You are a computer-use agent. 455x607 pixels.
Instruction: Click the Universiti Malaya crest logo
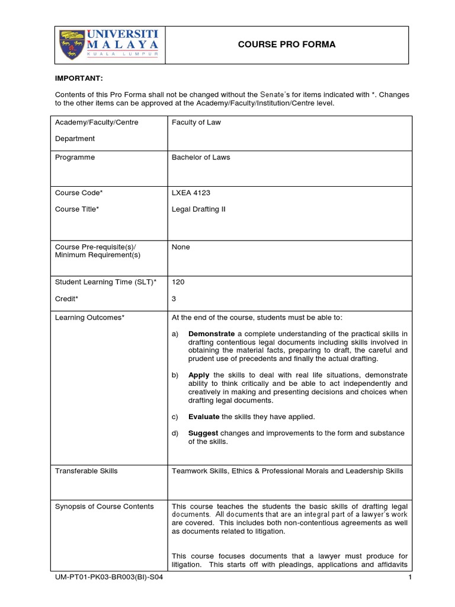point(72,45)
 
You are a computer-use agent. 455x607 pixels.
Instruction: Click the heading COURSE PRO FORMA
point(286,44)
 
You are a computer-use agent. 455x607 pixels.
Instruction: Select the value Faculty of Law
point(197,123)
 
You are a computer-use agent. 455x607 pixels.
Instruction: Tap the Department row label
point(75,139)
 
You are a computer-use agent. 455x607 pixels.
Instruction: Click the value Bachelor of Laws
point(201,158)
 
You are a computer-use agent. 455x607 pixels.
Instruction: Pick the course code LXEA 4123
point(191,193)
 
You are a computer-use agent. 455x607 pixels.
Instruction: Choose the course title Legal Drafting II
point(198,209)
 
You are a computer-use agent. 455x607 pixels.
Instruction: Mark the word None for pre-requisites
point(181,247)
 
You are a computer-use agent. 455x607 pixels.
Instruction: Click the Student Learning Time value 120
point(178,282)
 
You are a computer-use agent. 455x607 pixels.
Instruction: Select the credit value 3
point(174,299)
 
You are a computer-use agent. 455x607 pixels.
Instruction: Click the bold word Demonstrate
point(212,334)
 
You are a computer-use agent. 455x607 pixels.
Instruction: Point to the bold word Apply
point(198,375)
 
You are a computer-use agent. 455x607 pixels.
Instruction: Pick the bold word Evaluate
point(204,417)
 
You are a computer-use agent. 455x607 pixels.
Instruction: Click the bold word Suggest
point(203,433)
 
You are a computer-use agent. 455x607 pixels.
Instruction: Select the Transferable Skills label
point(86,471)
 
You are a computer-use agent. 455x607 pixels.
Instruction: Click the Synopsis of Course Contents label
point(104,506)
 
